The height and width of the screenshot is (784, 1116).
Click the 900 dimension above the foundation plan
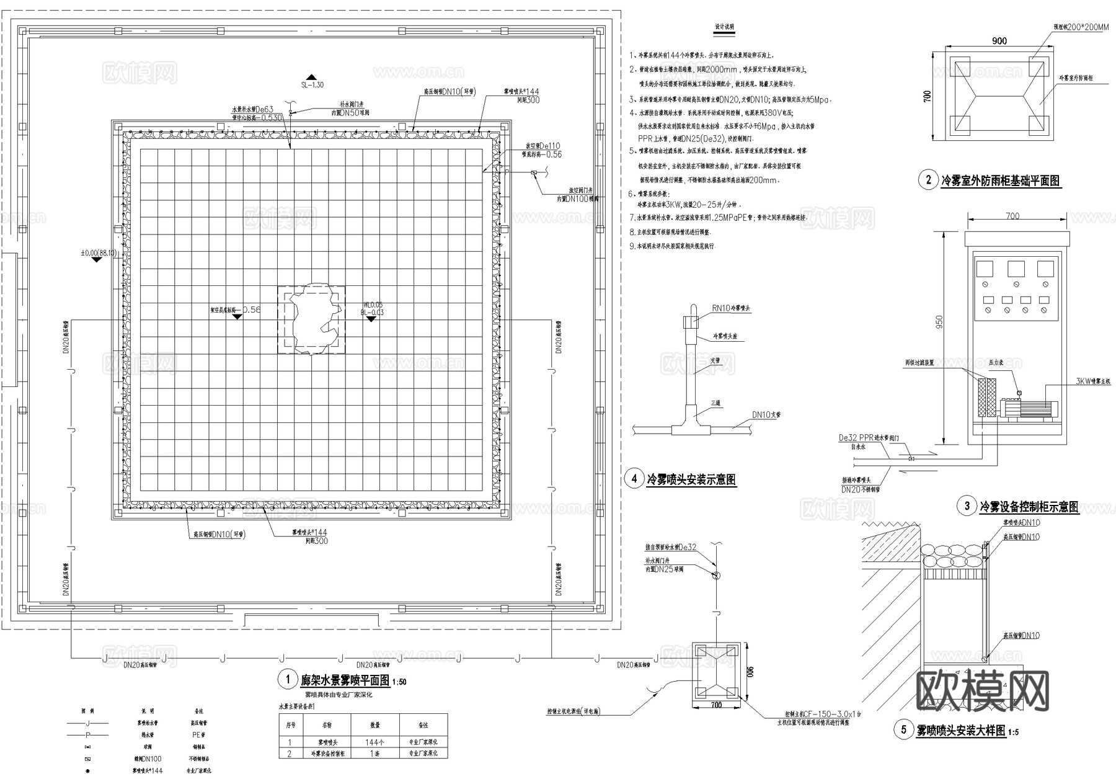point(999,41)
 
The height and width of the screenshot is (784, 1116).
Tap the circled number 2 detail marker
point(928,180)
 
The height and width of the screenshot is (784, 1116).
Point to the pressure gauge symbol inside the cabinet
point(1019,393)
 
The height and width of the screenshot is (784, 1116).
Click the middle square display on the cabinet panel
point(1015,269)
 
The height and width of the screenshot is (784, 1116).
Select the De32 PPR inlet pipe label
point(864,438)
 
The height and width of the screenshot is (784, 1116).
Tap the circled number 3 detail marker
point(967,506)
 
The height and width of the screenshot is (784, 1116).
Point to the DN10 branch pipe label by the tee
point(766,415)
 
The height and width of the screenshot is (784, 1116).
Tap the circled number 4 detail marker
point(634,479)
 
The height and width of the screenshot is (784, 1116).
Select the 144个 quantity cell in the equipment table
point(375,742)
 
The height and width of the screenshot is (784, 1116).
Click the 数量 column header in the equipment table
point(375,724)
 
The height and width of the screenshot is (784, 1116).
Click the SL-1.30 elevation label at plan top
point(312,85)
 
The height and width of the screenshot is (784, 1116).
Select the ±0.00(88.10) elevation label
point(99,253)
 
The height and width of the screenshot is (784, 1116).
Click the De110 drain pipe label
point(541,146)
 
